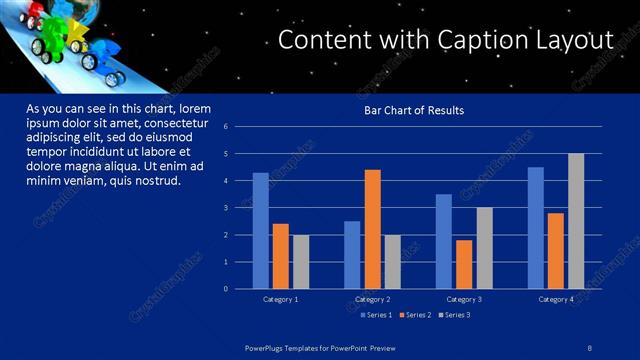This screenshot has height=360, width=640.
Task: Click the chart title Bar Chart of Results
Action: coord(413,110)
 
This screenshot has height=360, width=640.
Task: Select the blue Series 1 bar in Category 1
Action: coord(260,230)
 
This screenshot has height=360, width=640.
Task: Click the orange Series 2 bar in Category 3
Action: coord(464,264)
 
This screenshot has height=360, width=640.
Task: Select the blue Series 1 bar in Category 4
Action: coord(536,227)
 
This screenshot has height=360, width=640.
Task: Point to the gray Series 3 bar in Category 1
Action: coord(301,261)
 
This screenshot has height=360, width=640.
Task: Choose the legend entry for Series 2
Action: coord(414,315)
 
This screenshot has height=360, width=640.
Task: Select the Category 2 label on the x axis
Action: coord(372,299)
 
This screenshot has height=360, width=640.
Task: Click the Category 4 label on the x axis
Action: coord(556,299)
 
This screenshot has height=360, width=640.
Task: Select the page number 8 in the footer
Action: coord(590,346)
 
